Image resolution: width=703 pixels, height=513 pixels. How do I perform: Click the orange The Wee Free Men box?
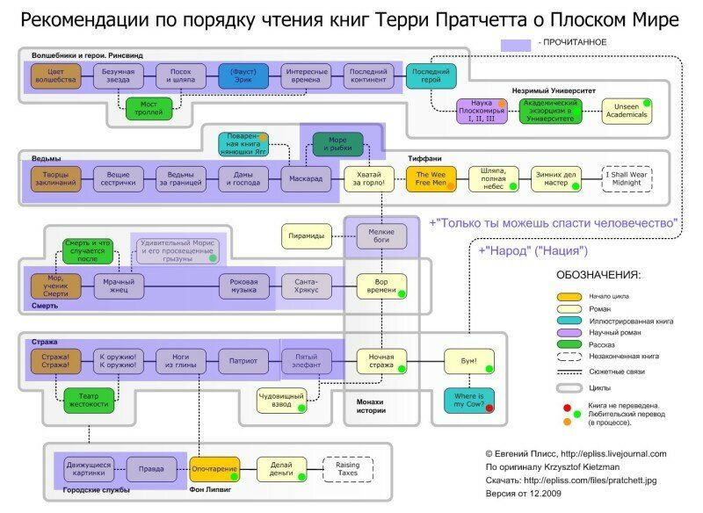pos(431,179)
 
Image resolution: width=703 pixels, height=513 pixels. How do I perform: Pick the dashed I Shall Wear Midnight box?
pos(627,179)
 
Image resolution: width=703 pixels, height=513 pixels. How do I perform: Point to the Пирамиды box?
pos(308,235)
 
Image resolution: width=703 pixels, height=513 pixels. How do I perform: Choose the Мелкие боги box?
pos(381,235)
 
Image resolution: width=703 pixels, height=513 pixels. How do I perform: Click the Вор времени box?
pos(381,287)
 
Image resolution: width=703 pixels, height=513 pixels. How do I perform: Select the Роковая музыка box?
pos(244,287)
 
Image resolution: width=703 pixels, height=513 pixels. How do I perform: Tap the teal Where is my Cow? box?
pos(469,401)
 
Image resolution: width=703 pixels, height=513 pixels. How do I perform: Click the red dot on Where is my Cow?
pos(489,408)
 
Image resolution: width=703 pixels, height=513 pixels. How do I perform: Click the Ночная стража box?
pos(381,361)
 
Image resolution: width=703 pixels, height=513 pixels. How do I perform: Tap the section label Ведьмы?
pos(46,158)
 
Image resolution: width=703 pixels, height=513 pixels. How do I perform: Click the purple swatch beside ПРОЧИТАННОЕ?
pos(515,44)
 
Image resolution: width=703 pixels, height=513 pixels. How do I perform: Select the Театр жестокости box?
pos(88,401)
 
